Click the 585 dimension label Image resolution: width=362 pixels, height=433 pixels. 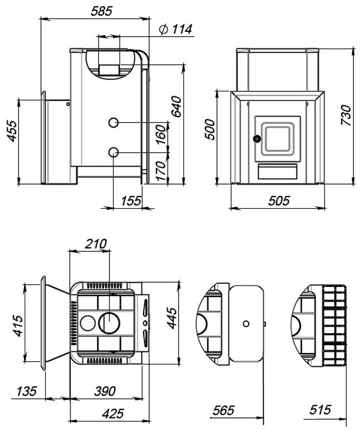(102, 11)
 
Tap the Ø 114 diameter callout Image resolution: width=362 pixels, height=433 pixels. (176, 29)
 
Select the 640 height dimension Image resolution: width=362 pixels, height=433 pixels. (176, 106)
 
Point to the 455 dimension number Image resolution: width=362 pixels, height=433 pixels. (12, 131)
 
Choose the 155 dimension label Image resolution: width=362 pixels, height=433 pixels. (131, 201)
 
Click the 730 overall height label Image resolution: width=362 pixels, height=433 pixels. (346, 115)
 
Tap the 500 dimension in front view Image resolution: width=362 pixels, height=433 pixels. (209, 129)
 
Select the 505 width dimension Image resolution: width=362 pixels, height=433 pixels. (279, 201)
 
